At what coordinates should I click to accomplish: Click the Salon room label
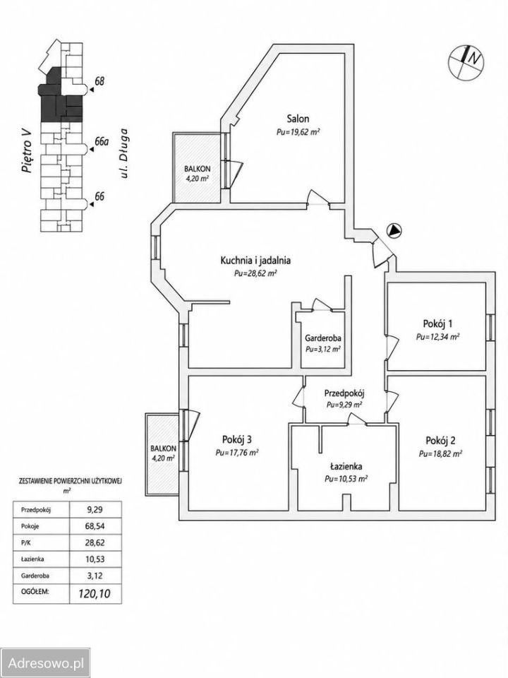coord(298,119)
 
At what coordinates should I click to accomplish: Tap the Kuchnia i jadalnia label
coord(255,261)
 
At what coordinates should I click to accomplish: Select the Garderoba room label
coord(322,338)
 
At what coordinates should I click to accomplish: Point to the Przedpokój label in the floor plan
coord(345,393)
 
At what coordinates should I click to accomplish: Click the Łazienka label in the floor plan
coord(346,467)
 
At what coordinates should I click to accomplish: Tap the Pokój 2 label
coord(440,441)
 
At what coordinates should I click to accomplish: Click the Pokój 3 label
coord(237,440)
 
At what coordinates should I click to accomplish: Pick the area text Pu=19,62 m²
coord(298,132)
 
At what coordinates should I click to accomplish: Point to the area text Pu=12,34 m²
coord(437,337)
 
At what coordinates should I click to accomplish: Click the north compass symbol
coord(466,62)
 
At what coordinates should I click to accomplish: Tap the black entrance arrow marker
coord(394,231)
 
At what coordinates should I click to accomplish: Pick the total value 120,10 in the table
coord(94,594)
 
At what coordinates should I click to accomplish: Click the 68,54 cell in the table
coord(95,526)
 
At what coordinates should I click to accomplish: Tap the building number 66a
coord(101,142)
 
